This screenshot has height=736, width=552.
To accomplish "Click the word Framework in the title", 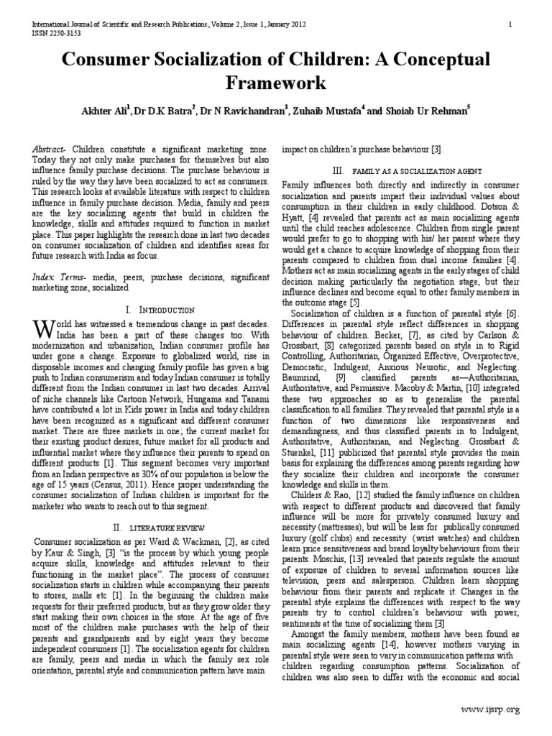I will pos(275,83).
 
